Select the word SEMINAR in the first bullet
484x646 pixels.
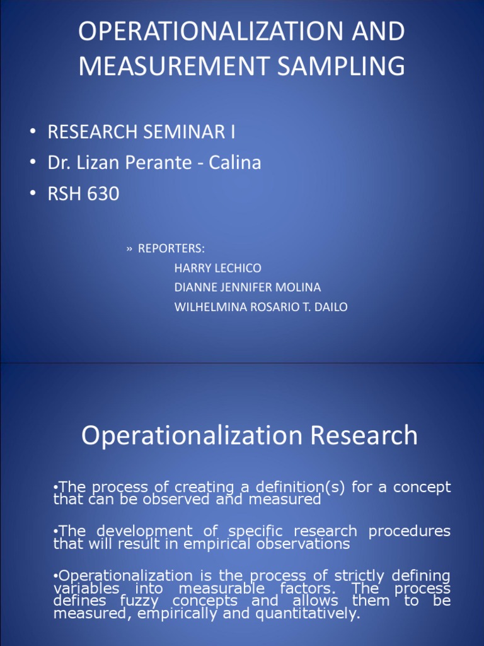[175, 132]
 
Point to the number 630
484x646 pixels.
[101, 194]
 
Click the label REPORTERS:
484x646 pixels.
[171, 248]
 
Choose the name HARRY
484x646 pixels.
[192, 268]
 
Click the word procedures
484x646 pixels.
[410, 531]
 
